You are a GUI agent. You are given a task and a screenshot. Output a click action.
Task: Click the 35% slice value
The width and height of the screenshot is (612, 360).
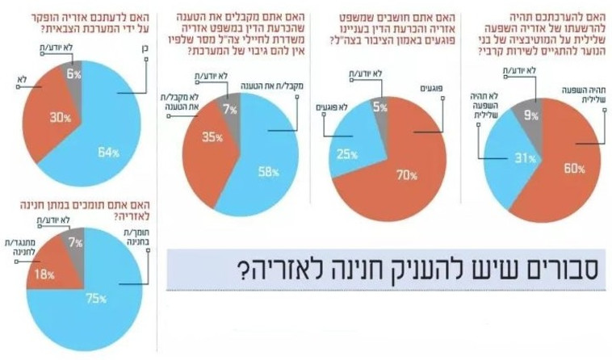[212, 138]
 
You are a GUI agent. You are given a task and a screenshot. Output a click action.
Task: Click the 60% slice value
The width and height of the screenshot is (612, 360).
[573, 169]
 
